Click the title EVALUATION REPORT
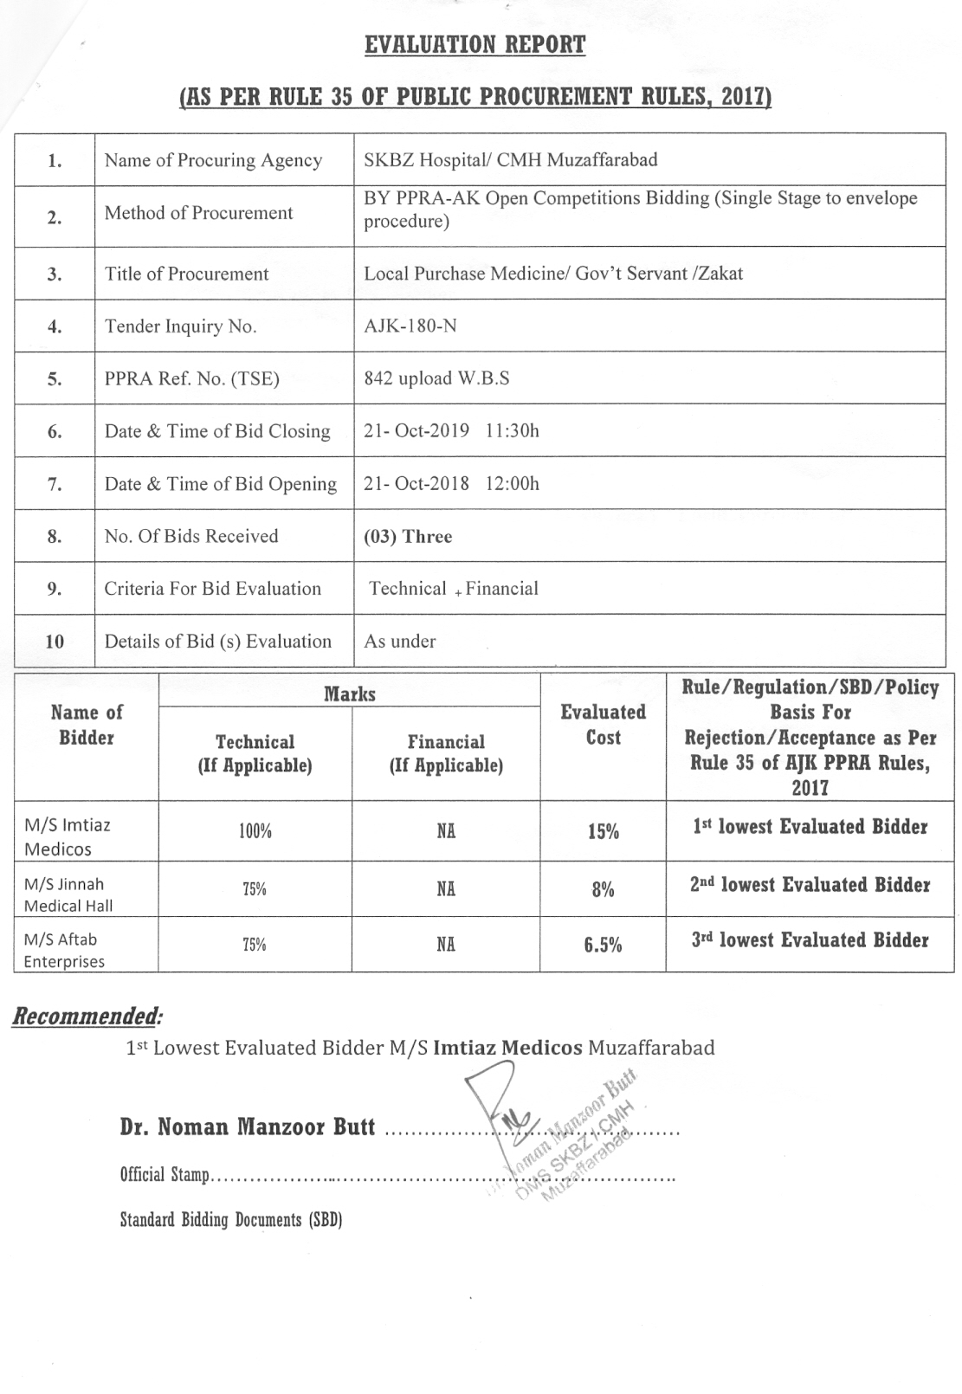click(475, 45)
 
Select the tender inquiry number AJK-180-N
click(410, 326)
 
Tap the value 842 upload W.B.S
click(436, 378)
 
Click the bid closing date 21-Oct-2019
click(416, 430)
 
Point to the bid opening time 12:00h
click(512, 483)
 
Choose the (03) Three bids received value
click(408, 536)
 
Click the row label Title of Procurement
click(186, 274)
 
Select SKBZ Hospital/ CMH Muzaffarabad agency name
click(510, 159)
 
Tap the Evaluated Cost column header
click(603, 725)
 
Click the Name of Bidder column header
click(87, 725)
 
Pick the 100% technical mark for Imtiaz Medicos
click(255, 831)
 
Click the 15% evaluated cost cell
click(603, 831)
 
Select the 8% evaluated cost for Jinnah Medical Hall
click(603, 889)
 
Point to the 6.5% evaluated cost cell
click(603, 945)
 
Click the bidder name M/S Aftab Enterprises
click(64, 950)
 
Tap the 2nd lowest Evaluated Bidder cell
click(810, 885)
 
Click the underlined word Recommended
click(86, 1016)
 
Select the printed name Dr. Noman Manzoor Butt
click(248, 1127)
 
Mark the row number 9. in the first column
click(55, 589)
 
